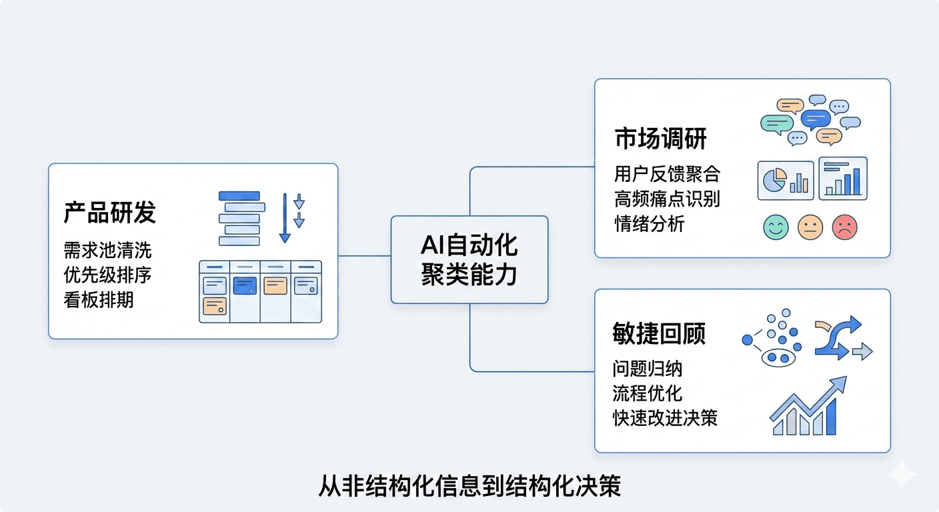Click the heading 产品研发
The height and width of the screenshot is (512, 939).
coord(110,213)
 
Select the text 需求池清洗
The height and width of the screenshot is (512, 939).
coord(108,250)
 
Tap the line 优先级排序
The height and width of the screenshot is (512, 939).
coord(108,275)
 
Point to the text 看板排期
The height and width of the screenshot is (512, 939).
coord(99,299)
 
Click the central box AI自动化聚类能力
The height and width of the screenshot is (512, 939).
coord(469,260)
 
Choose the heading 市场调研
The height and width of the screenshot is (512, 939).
coord(660,139)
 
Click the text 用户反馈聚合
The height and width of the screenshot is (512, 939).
coord(667,175)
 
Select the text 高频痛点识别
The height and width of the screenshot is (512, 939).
coord(667,199)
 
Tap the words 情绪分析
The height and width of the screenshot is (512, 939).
coord(649,223)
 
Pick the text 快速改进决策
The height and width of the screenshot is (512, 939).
coord(665,417)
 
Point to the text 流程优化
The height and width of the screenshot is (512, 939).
coord(647,393)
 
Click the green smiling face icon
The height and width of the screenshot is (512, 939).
coord(776,227)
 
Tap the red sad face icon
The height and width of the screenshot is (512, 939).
coord(845,227)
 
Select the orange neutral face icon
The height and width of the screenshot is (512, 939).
coord(810,227)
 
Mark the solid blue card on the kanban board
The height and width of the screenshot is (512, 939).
coord(245,286)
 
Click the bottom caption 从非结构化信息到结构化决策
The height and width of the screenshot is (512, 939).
coord(469,486)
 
